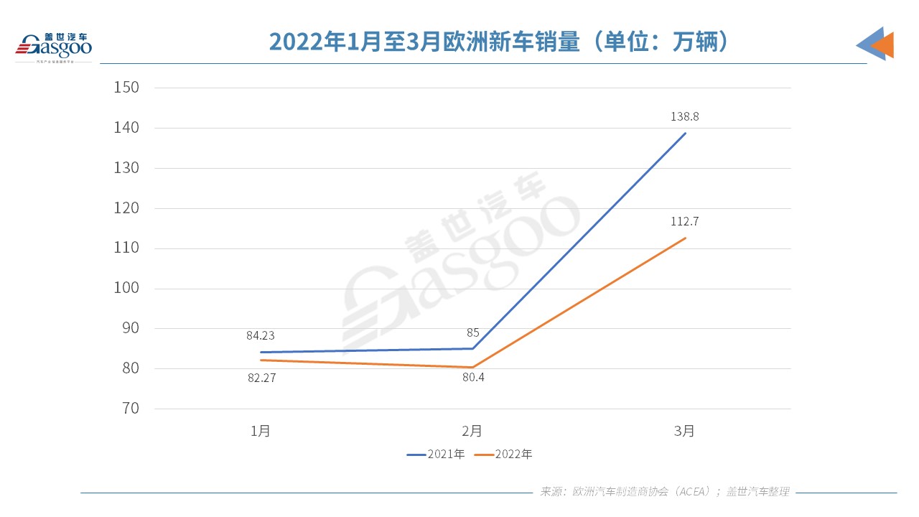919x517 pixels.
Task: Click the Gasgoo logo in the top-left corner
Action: (54, 47)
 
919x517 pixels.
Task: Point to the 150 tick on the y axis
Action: (126, 88)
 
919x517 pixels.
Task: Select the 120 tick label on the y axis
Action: (126, 208)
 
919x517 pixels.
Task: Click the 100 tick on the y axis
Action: (126, 289)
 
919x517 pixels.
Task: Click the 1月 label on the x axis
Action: (261, 431)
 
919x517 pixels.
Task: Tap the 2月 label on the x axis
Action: (472, 431)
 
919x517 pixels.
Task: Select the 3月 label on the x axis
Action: (684, 431)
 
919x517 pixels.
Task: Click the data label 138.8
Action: (684, 116)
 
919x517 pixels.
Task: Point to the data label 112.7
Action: (684, 221)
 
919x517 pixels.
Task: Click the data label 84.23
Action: (261, 335)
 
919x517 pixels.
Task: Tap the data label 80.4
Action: (472, 377)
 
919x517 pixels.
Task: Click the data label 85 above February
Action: (472, 332)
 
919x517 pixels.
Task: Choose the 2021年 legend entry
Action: (437, 455)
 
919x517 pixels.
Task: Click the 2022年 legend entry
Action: (505, 455)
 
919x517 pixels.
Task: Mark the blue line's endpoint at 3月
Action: (685, 134)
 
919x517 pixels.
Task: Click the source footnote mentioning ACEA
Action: (665, 492)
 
